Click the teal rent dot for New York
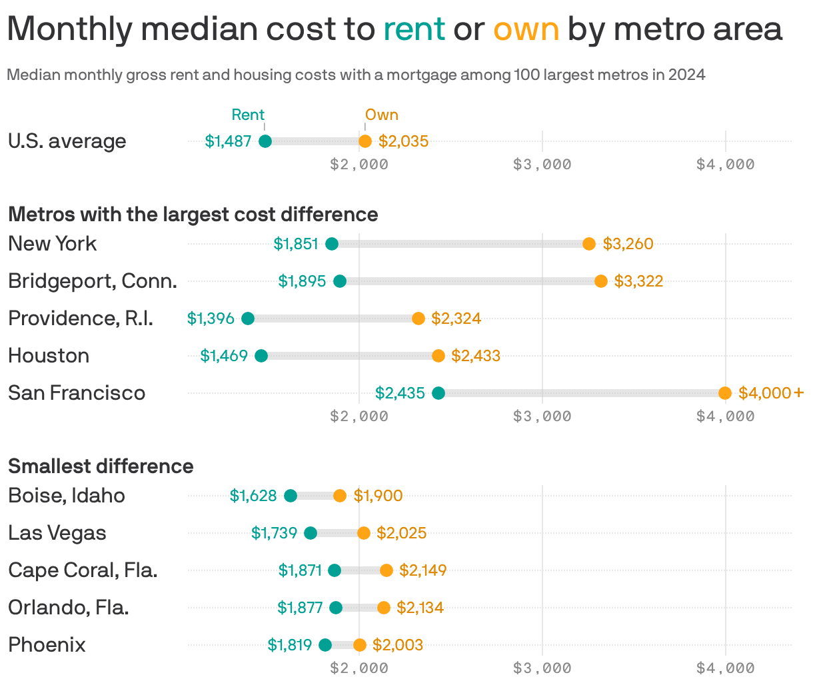pyautogui.click(x=332, y=244)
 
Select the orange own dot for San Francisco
pyautogui.click(x=725, y=393)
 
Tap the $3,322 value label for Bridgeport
pyautogui.click(x=638, y=281)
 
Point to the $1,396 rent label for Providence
pyautogui.click(x=211, y=319)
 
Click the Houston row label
pyautogui.click(x=49, y=356)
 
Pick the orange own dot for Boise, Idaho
pyautogui.click(x=340, y=496)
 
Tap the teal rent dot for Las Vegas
pyautogui.click(x=311, y=533)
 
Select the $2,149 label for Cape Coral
pyautogui.click(x=422, y=570)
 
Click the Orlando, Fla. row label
pyautogui.click(x=69, y=608)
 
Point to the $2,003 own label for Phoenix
pyautogui.click(x=397, y=645)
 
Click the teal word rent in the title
pyautogui.click(x=414, y=29)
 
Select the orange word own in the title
pyautogui.click(x=526, y=29)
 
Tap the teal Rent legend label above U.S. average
pyautogui.click(x=248, y=115)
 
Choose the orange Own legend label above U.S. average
pyautogui.click(x=381, y=115)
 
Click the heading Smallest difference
pyautogui.click(x=101, y=466)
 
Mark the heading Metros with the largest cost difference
pyautogui.click(x=193, y=215)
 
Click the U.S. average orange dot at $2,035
pyautogui.click(x=365, y=141)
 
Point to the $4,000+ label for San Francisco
pyautogui.click(x=771, y=393)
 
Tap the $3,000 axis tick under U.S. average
pyautogui.click(x=542, y=165)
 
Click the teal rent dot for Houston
pyautogui.click(x=261, y=356)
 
